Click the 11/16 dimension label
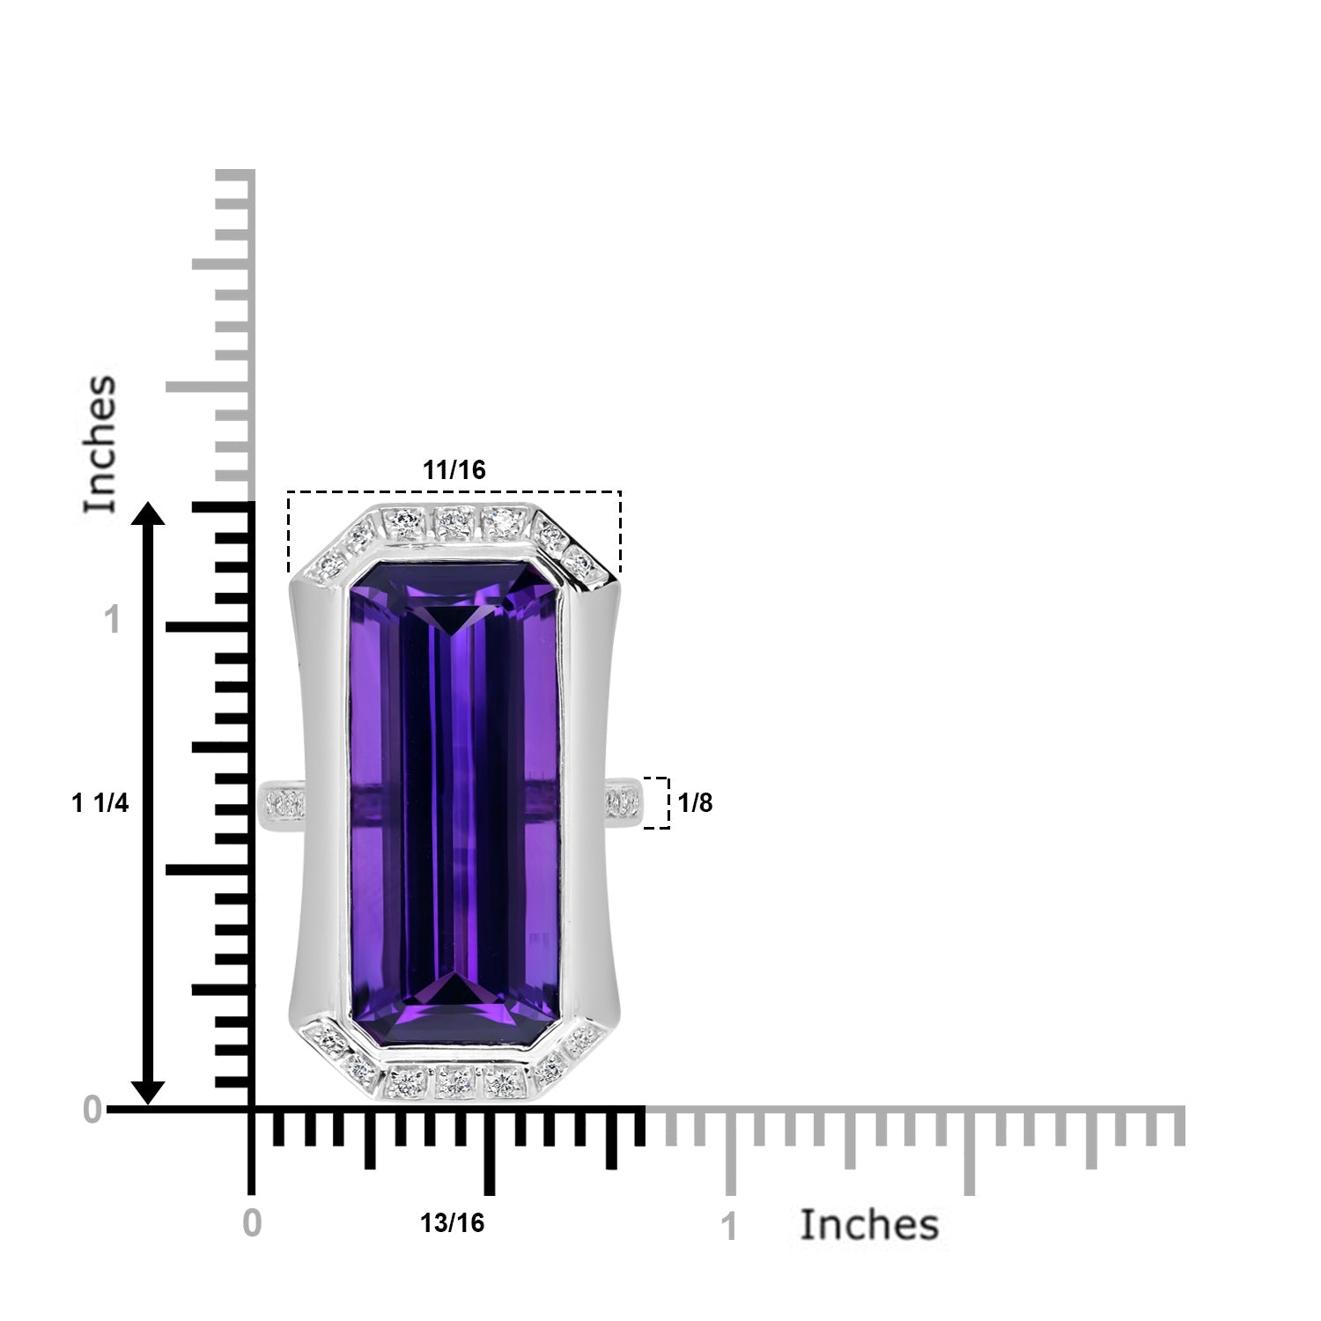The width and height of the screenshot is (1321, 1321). (x=454, y=470)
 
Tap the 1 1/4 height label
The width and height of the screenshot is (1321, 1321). (x=100, y=803)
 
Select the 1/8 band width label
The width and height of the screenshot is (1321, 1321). (x=696, y=803)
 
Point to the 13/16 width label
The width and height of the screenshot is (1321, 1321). (x=452, y=1223)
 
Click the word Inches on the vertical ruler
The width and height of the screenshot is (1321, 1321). (x=100, y=444)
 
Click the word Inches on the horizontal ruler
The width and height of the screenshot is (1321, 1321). (x=869, y=1225)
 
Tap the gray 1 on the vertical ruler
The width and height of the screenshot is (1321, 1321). (x=112, y=621)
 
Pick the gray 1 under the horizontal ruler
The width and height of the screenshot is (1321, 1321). (x=729, y=1228)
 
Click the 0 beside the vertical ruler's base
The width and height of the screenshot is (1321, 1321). (x=93, y=1111)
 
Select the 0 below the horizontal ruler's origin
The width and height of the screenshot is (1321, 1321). (x=253, y=1223)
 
